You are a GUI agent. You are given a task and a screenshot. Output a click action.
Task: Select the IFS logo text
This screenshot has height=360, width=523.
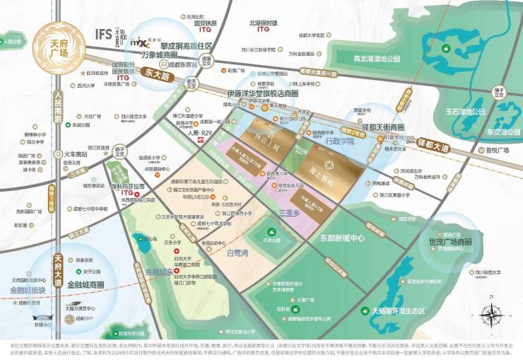point(105,33)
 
